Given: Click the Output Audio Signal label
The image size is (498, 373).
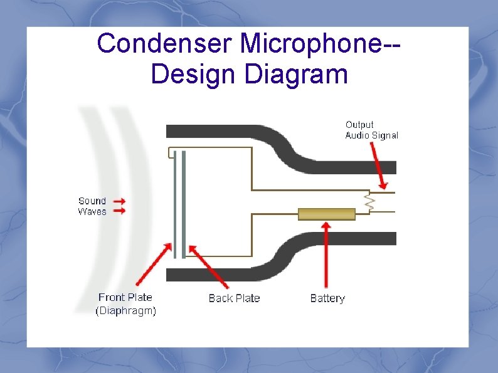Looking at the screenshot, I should pos(371,130).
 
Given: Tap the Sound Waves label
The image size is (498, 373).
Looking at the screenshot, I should pos(92,206).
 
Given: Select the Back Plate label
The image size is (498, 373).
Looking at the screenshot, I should pos(234,298).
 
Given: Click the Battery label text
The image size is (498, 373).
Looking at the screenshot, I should pos(327,298).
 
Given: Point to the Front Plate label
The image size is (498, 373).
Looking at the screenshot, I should pos(125,297).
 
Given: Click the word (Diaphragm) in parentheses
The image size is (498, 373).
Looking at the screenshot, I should pos(125,310).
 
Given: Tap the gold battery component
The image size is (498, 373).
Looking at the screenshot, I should pos(326,214).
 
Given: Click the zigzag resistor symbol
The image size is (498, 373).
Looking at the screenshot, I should pos(369,202).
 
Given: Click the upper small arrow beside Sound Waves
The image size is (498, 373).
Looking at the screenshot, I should pos(120,201).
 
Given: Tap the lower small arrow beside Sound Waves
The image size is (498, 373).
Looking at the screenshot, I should pos(120,211).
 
